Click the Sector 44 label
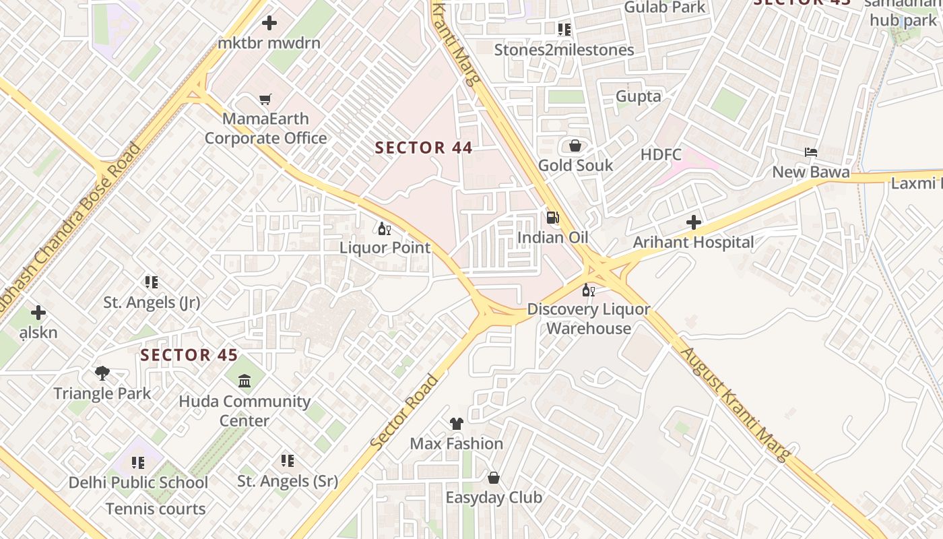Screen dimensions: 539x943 pyautogui.click(x=424, y=148)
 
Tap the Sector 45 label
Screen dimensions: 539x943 pyautogui.click(x=189, y=355)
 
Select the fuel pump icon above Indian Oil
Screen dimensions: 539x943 pyautogui.click(x=552, y=218)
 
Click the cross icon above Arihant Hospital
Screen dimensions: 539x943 pyautogui.click(x=693, y=222)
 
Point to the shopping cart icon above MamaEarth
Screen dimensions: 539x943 pyautogui.click(x=265, y=100)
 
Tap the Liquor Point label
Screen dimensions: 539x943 pyautogui.click(x=385, y=248)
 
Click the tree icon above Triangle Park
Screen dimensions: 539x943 pyautogui.click(x=102, y=373)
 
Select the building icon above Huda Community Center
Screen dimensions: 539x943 pyautogui.click(x=245, y=381)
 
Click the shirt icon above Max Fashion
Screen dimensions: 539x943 pyautogui.click(x=457, y=424)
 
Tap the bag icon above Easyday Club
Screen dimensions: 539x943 pyautogui.click(x=494, y=478)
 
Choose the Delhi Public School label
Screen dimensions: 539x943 pyautogui.click(x=138, y=482)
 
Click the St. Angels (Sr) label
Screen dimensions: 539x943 pyautogui.click(x=288, y=482)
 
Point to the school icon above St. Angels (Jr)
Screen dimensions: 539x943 pyautogui.click(x=152, y=282)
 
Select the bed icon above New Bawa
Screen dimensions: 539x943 pyautogui.click(x=811, y=152)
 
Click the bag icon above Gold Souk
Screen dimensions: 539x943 pyautogui.click(x=575, y=146)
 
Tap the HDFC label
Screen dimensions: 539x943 pyautogui.click(x=661, y=155)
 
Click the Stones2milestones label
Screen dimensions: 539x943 pyautogui.click(x=564, y=50)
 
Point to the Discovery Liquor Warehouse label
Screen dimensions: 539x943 pyautogui.click(x=589, y=319)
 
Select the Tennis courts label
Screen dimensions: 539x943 pyautogui.click(x=156, y=509)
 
